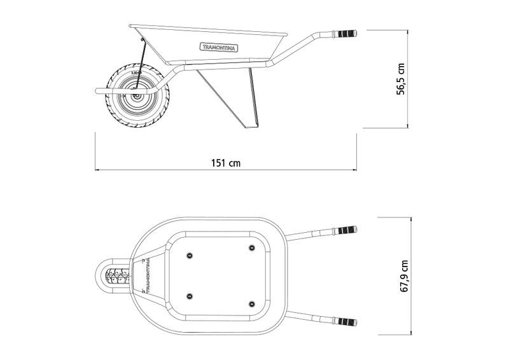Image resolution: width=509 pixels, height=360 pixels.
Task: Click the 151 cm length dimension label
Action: (x=226, y=163)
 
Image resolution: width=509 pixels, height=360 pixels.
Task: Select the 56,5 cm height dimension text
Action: (x=401, y=78)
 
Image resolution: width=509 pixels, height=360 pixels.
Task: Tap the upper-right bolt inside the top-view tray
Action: (x=250, y=246)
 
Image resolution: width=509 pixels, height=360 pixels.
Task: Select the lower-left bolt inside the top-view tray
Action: (x=189, y=295)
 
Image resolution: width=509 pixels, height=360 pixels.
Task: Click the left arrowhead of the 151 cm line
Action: (x=97, y=170)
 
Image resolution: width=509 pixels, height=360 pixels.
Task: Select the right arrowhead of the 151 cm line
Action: (x=354, y=170)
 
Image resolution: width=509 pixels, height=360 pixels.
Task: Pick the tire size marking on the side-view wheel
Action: (x=134, y=74)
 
